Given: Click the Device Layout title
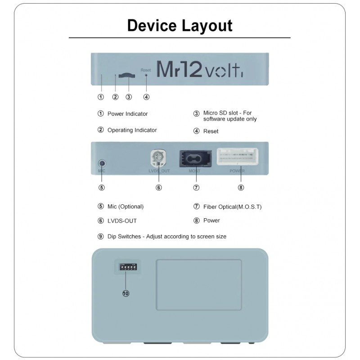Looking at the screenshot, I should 180,25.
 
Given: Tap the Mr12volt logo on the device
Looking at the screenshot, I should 199,69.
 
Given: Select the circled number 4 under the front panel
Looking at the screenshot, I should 146,96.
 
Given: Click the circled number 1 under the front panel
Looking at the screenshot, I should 101,96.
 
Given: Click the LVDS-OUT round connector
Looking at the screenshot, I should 158,158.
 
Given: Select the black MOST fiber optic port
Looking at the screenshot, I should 196,158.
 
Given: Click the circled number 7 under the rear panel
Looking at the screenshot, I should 196,187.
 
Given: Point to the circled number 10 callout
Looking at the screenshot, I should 126,293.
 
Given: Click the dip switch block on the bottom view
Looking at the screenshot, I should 127,266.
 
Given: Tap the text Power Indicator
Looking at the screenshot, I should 127,114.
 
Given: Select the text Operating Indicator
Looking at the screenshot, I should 132,130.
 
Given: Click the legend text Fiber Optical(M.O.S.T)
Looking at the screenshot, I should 232,207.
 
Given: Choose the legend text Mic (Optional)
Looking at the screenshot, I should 125,207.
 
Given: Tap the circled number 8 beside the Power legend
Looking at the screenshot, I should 196,220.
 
